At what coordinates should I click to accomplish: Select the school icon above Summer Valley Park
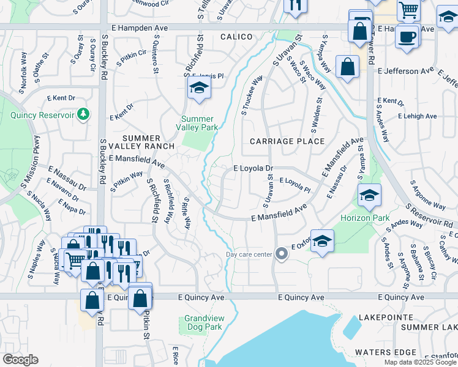coord(199,89)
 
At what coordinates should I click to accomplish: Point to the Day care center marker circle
coord(281,253)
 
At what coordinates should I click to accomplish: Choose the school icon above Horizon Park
coord(369,196)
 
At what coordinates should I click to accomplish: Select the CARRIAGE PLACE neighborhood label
coord(287,141)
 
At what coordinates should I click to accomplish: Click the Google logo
coord(20,360)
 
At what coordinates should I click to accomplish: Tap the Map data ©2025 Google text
coord(419,362)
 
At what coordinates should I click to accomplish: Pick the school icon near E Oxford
coord(322,242)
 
